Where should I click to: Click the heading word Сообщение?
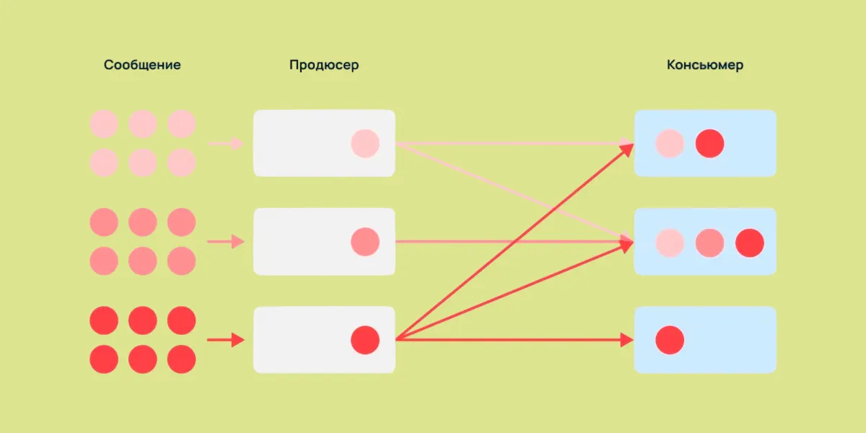[142, 65]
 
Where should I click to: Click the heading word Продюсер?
[324, 65]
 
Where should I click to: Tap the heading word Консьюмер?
[705, 65]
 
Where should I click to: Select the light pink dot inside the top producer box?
[365, 144]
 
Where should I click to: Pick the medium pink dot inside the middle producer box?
[365, 242]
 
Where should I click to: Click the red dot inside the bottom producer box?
[365, 340]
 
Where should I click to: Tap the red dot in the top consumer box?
[709, 144]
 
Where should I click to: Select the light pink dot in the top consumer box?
[670, 144]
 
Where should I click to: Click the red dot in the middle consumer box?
[749, 242]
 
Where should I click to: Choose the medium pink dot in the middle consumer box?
[709, 242]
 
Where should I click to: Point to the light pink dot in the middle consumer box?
[670, 242]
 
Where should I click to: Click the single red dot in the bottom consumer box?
[670, 340]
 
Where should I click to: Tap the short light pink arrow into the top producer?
[226, 144]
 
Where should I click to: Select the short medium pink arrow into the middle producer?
[226, 242]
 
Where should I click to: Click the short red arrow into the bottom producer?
[226, 340]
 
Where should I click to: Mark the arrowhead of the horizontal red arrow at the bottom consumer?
[627, 339]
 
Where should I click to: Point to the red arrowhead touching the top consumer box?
[628, 148]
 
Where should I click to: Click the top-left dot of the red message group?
[104, 320]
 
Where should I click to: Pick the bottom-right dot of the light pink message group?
[181, 163]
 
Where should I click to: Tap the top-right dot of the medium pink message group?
[181, 222]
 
